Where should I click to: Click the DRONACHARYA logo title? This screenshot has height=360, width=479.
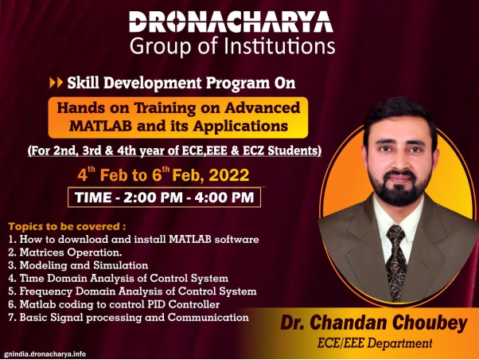click(x=231, y=22)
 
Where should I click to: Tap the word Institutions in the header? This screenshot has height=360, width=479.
click(x=279, y=46)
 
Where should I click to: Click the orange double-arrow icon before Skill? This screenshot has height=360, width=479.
click(x=56, y=83)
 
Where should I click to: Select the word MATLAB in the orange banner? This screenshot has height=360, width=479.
click(x=101, y=126)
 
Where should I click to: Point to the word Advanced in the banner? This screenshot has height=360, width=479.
click(x=263, y=108)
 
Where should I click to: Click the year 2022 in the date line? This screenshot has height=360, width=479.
click(x=229, y=175)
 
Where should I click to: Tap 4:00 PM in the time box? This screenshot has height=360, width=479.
click(x=224, y=198)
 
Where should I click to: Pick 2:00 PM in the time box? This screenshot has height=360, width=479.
click(x=153, y=198)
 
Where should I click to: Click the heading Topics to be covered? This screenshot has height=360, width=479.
click(x=67, y=227)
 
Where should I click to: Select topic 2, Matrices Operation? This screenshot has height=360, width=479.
click(x=65, y=252)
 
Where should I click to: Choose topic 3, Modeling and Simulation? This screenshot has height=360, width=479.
click(x=78, y=265)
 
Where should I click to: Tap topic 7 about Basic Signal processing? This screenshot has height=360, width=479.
click(x=129, y=318)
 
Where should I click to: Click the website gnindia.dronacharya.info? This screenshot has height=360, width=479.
click(x=45, y=354)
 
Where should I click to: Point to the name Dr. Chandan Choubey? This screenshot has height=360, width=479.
click(x=374, y=323)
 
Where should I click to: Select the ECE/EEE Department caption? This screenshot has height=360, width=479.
click(x=375, y=342)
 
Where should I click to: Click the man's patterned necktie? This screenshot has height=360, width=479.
click(x=396, y=262)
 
